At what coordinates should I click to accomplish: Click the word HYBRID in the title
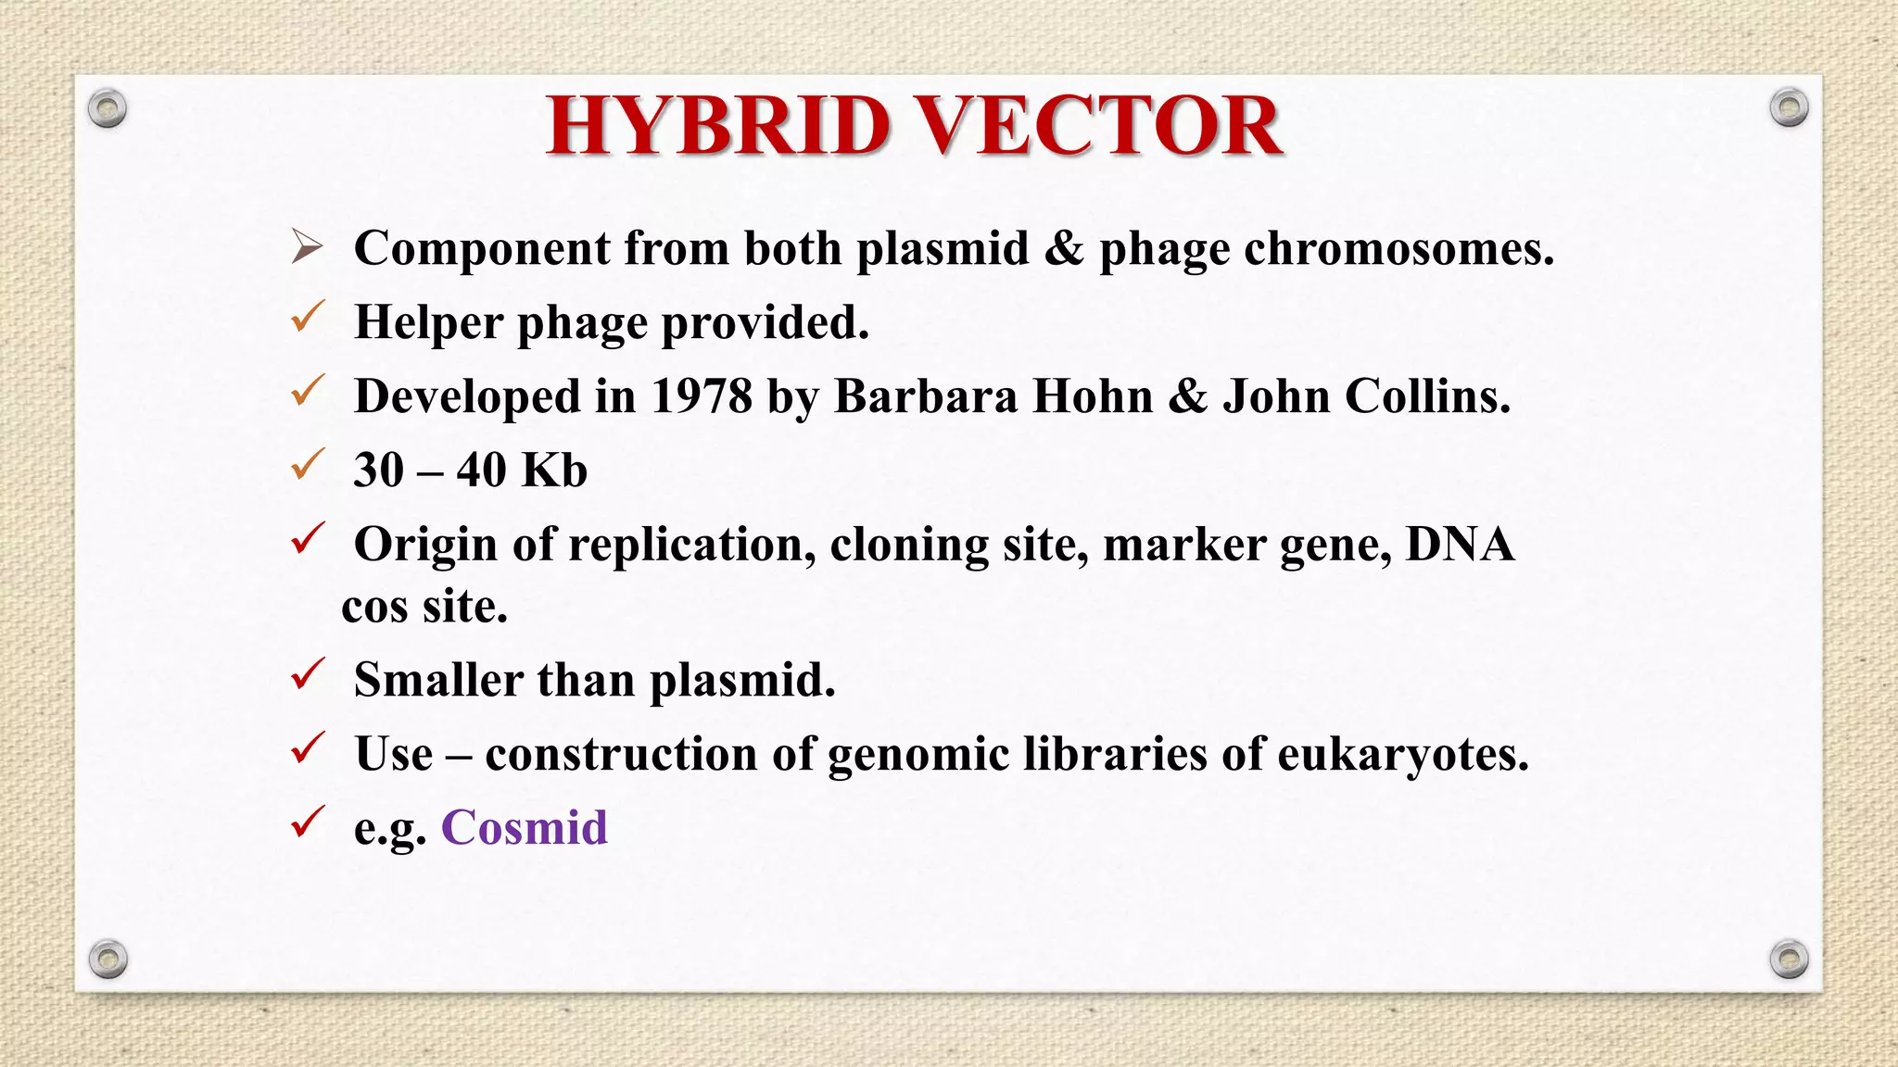pos(718,126)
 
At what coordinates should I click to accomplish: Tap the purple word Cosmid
pos(524,827)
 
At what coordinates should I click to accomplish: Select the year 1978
pos(702,396)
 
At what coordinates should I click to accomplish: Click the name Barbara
pos(926,396)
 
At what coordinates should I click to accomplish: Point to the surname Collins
pos(1426,396)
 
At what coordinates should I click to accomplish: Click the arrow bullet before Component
pos(307,247)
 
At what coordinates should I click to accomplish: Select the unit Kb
pos(553,470)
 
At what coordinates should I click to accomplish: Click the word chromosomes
pos(1398,248)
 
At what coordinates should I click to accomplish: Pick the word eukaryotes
pos(1402,754)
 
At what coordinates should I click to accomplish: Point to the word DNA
pos(1460,544)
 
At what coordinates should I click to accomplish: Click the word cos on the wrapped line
pos(374,608)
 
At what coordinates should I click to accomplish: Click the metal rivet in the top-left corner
pos(108,108)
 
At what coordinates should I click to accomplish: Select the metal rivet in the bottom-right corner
pos(1789,959)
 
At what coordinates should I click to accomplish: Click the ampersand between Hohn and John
pos(1188,396)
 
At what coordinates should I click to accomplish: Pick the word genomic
pos(917,754)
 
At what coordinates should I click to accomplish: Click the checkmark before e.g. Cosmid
pos(307,822)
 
